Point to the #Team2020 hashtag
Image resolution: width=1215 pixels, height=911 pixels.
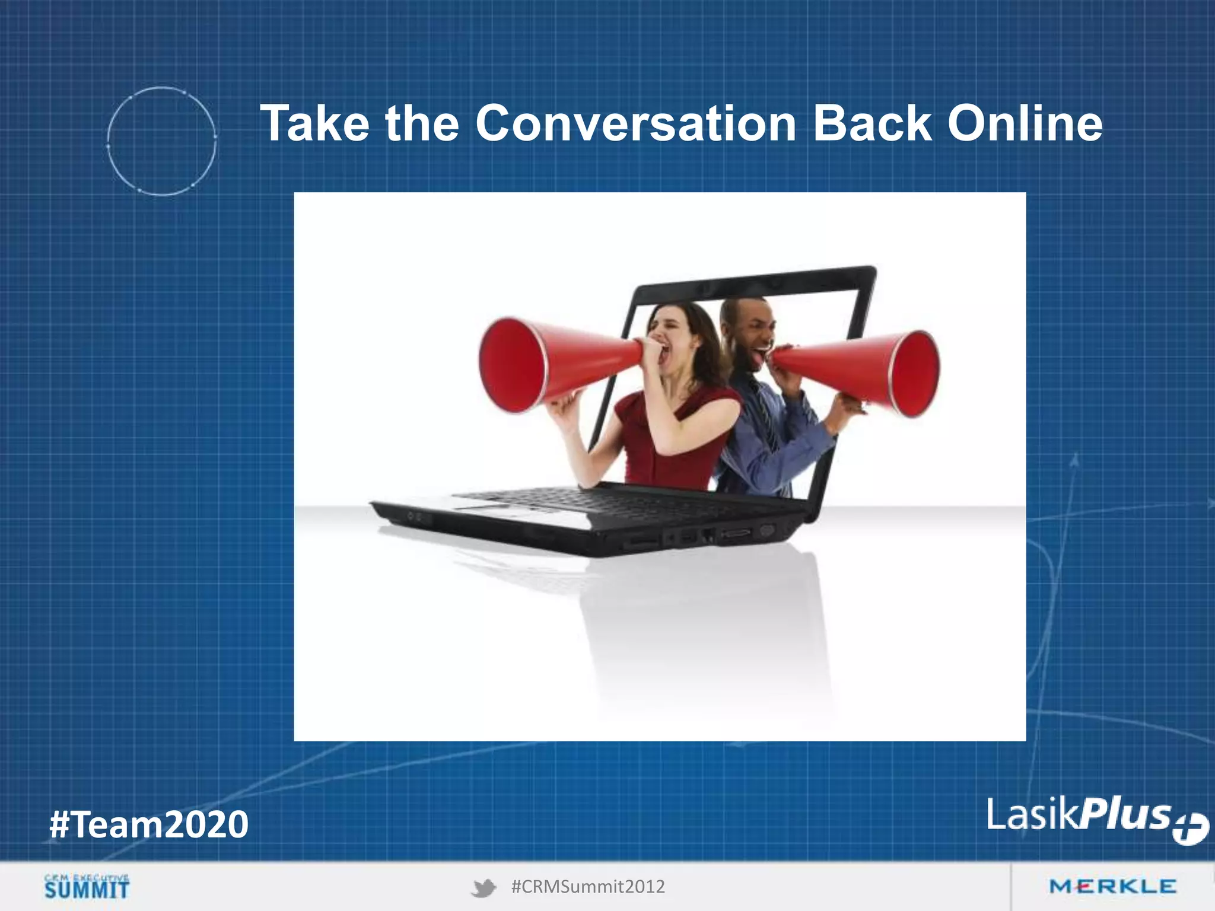coord(149,824)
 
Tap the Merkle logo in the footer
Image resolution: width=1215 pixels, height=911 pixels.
coord(1112,887)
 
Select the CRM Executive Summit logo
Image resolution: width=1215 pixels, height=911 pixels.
coord(87,886)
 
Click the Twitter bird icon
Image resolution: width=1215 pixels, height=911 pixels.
coord(484,888)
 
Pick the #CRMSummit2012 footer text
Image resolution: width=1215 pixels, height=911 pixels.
coord(587,887)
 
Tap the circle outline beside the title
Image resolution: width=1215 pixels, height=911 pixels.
coord(161,141)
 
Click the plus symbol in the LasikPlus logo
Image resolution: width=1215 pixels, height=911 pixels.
coord(1190,828)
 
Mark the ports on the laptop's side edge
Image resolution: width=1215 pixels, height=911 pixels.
coord(706,537)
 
